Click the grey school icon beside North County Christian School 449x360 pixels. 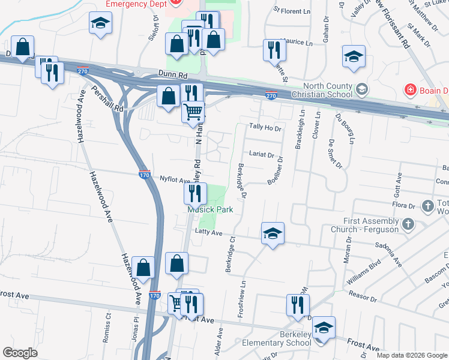point(362,90)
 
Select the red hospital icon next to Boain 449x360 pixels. point(411,91)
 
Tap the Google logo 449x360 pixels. point(20,353)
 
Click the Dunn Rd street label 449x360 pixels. point(173,75)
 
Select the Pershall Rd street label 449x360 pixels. point(108,100)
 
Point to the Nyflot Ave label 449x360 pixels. point(175,179)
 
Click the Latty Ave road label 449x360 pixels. point(208,233)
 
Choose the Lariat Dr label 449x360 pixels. point(262,154)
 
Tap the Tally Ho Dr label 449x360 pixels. point(265,127)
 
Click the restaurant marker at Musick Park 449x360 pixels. point(195,193)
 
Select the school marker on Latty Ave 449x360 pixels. point(273,233)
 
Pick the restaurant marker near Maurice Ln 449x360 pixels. point(274,50)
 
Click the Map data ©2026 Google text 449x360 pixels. point(412,355)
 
